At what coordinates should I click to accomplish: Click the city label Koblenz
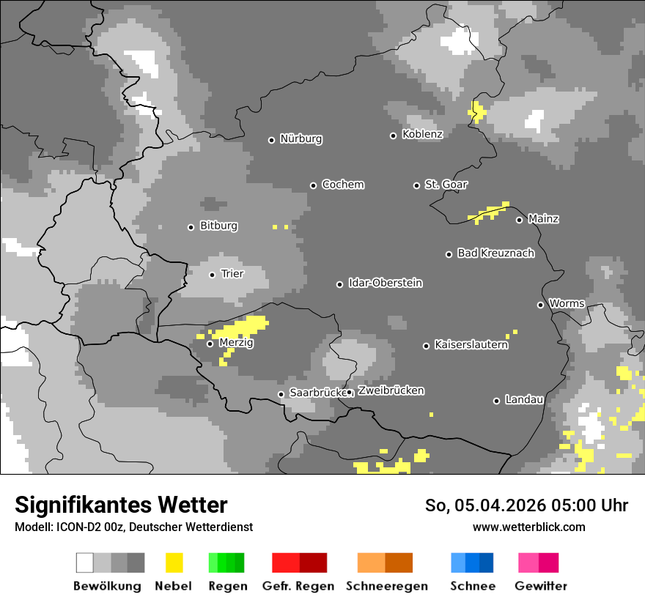[x=422, y=134]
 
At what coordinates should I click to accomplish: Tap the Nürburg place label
[x=301, y=138]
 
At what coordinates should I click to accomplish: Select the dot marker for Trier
[x=212, y=275]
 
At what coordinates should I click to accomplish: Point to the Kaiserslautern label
[x=471, y=344]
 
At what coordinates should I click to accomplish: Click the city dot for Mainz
[x=519, y=220]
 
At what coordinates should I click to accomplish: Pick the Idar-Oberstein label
[x=385, y=283]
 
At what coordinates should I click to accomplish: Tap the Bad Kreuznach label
[x=495, y=253]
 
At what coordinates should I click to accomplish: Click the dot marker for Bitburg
[x=191, y=227]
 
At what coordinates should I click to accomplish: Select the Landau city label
[x=524, y=400]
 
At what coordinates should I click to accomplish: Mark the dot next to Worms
[x=540, y=305]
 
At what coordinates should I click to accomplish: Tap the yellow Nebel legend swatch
[x=174, y=563]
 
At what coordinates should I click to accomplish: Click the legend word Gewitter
[x=540, y=586]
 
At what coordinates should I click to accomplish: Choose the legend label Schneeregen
[x=386, y=586]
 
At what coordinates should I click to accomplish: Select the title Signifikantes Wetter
[x=121, y=505]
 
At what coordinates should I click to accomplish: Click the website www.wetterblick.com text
[x=528, y=527]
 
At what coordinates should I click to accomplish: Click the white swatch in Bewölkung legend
[x=85, y=563]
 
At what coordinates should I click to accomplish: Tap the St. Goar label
[x=446, y=185]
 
